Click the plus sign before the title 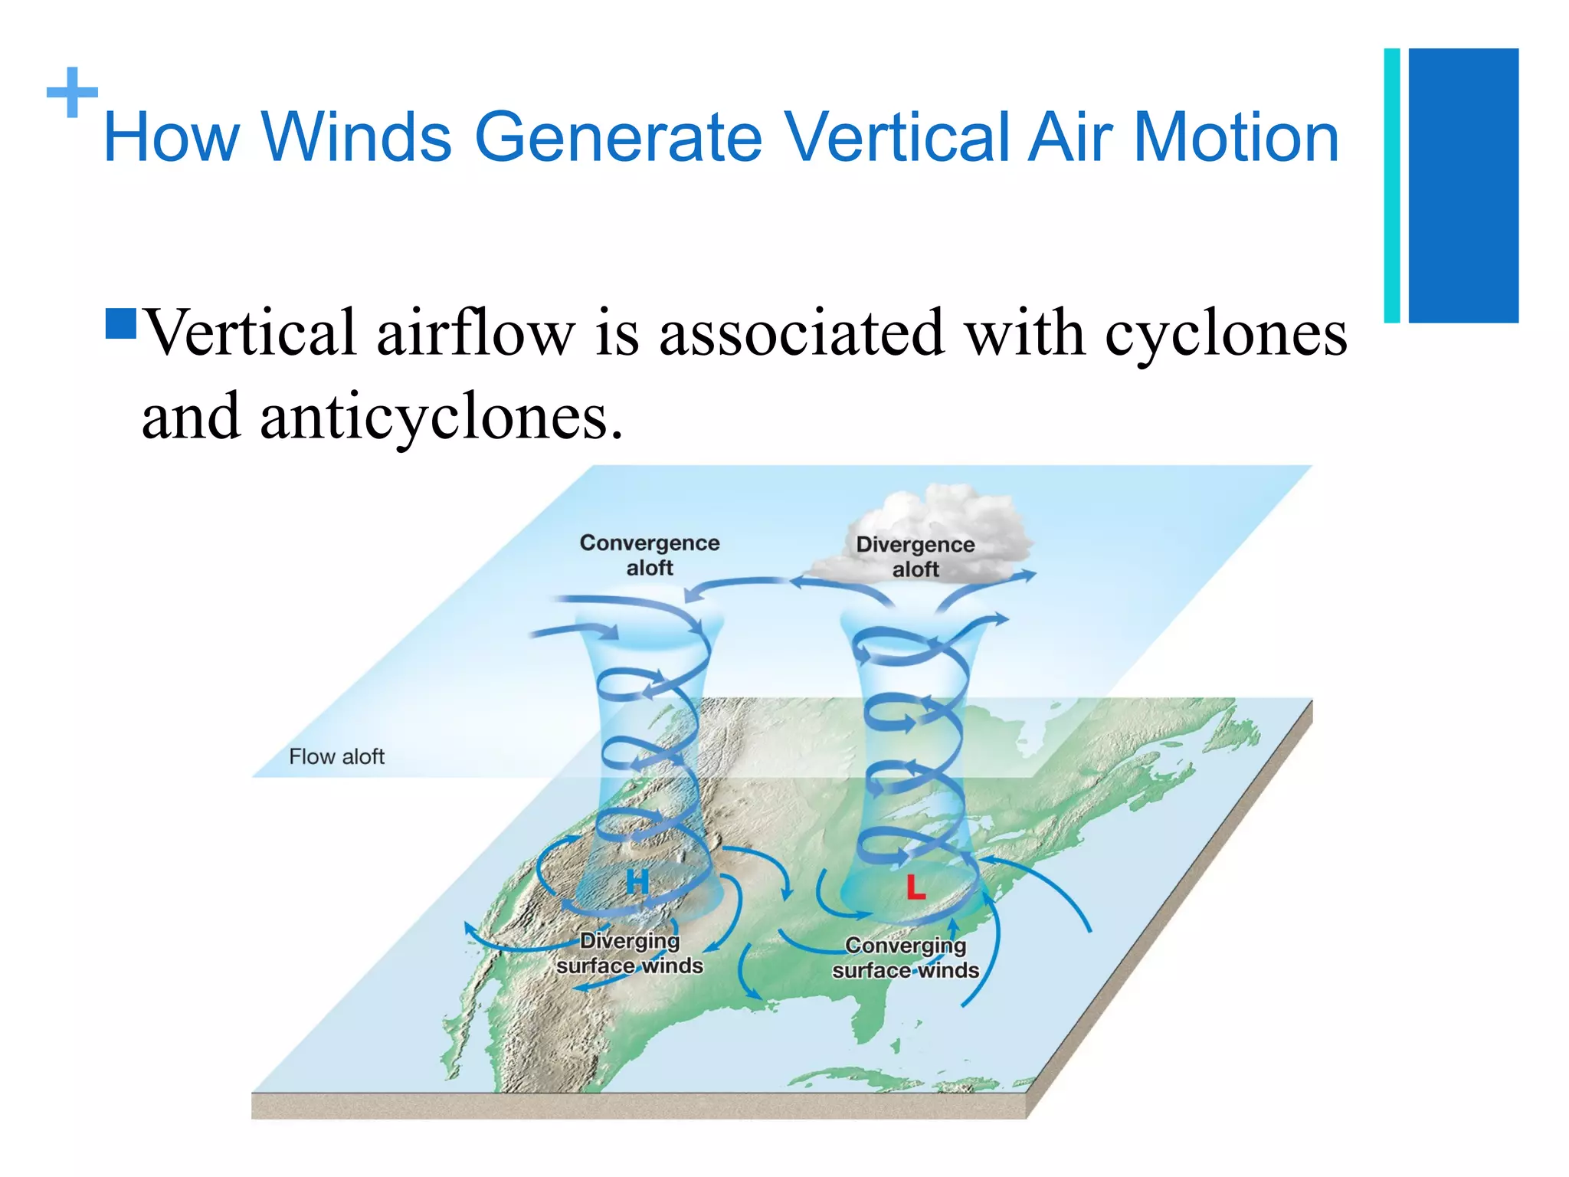[72, 93]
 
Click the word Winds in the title [356, 138]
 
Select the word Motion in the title [1235, 138]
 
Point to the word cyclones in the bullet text [1225, 335]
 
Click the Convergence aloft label [650, 555]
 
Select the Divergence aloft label [916, 556]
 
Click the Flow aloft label [336, 756]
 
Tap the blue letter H [637, 883]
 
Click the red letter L [916, 888]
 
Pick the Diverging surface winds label [630, 953]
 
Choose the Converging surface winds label [906, 958]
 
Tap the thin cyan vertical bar [1392, 185]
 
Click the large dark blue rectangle [1463, 185]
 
